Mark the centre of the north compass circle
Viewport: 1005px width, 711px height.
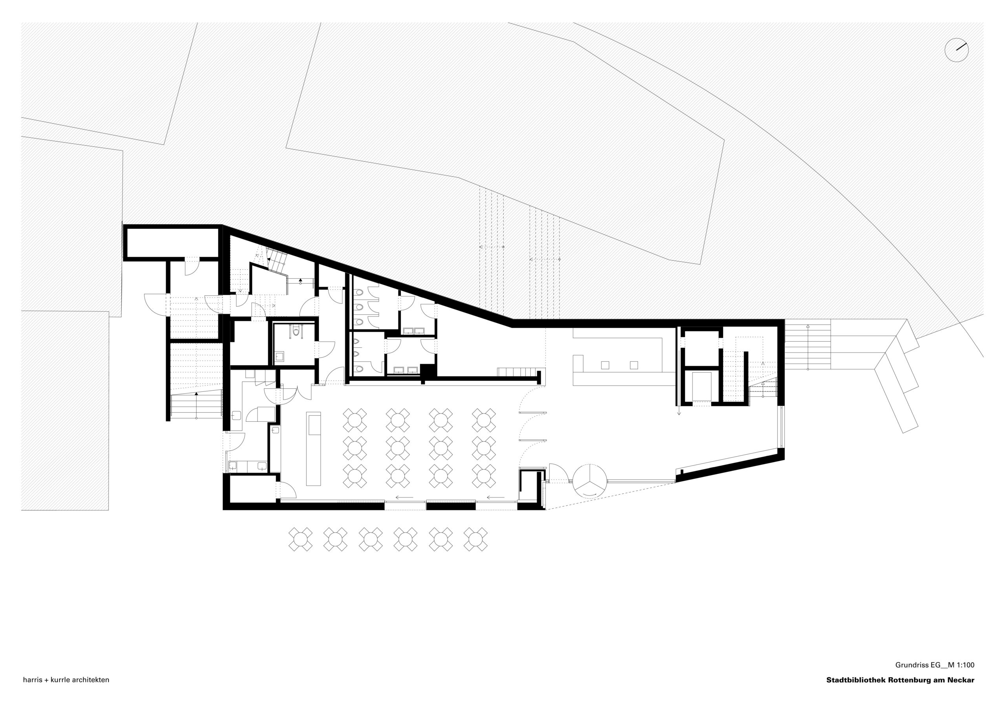(956, 50)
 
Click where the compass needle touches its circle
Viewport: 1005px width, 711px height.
(967, 44)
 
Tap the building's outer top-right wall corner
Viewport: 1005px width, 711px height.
(784, 320)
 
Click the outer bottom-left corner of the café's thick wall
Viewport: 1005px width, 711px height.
(223, 510)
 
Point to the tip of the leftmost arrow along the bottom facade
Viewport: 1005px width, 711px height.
(395, 497)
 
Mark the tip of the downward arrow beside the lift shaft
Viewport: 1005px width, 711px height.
(679, 414)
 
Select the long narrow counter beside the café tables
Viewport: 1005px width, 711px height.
(313, 448)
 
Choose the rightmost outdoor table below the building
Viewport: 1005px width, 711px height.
(475, 539)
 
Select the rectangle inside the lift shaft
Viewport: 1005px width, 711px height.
(701, 386)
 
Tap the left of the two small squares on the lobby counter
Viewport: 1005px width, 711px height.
(605, 365)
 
